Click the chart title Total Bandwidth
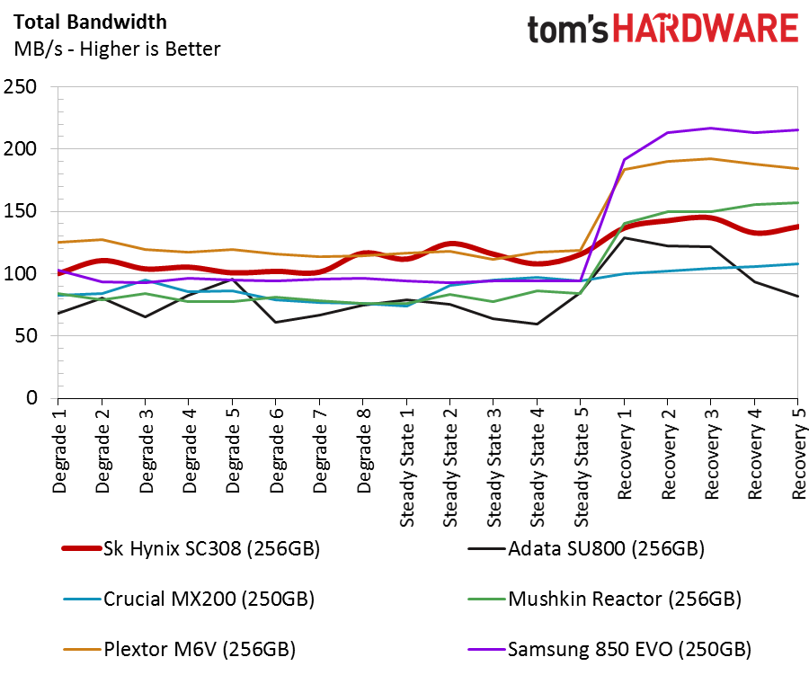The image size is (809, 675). (x=90, y=22)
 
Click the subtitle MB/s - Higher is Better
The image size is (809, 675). (x=117, y=49)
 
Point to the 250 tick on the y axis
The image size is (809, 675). (x=20, y=86)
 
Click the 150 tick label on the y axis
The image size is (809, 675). (x=20, y=211)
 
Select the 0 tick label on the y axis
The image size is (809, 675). (x=32, y=397)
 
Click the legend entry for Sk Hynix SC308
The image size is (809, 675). (x=191, y=548)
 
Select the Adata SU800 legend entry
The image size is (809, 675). (x=586, y=548)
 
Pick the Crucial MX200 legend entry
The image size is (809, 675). (x=189, y=600)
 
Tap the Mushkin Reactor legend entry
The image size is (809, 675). (x=604, y=600)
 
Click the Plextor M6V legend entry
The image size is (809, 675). (x=179, y=649)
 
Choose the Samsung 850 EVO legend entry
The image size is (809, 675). (x=609, y=649)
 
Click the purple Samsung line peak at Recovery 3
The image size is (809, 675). (x=711, y=128)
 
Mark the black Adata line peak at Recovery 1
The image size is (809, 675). (x=625, y=238)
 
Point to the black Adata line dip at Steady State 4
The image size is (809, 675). (x=538, y=324)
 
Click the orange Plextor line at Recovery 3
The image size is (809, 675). (x=711, y=158)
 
